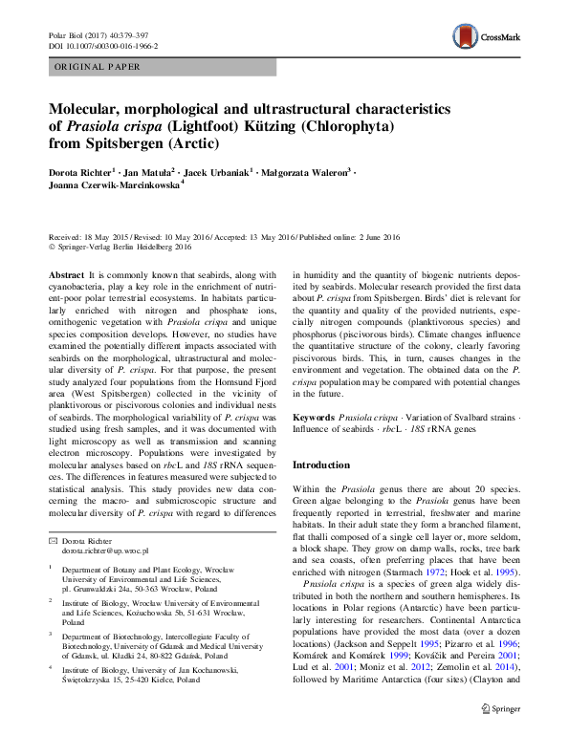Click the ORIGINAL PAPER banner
pos(98,67)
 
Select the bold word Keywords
pos(314,419)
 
